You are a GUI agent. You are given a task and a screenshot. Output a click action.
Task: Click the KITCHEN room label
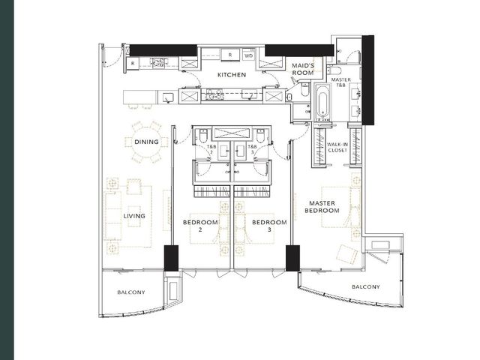click(232, 75)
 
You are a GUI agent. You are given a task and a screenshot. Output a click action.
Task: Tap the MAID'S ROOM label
click(303, 70)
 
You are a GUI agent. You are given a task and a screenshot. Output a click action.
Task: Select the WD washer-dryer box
click(249, 55)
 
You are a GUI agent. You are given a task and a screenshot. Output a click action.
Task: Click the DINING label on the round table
click(147, 142)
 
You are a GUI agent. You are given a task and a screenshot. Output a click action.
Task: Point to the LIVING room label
click(134, 216)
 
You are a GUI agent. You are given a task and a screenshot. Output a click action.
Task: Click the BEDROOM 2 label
click(200, 226)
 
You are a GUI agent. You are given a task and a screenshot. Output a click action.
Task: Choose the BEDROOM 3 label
click(269, 226)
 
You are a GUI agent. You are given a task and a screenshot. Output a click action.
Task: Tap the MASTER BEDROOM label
click(322, 207)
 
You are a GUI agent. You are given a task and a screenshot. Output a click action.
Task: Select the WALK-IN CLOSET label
click(337, 147)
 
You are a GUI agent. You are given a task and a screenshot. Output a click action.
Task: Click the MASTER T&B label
click(341, 82)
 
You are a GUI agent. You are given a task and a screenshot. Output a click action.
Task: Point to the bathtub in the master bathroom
click(323, 102)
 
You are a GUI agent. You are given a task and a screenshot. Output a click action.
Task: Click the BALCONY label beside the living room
click(131, 292)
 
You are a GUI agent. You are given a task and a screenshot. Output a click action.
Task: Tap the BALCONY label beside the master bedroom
click(366, 286)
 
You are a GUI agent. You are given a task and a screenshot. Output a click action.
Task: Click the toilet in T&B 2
click(203, 136)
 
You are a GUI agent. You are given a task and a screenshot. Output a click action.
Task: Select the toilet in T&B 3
click(260, 136)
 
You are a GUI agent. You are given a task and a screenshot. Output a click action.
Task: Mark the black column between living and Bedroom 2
click(171, 258)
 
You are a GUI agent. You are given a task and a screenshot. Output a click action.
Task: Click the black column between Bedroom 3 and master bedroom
click(292, 258)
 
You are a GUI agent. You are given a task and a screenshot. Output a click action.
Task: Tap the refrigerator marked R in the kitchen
click(230, 55)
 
